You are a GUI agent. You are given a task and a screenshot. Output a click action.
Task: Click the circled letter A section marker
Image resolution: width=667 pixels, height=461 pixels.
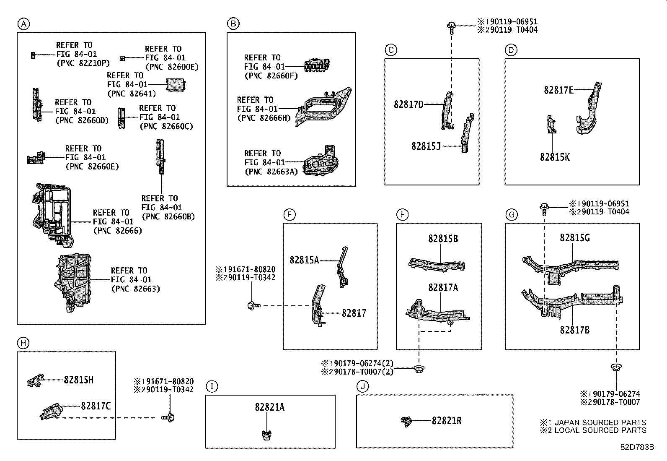(23, 24)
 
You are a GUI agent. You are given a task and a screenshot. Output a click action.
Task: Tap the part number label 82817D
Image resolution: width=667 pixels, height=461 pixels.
(408, 104)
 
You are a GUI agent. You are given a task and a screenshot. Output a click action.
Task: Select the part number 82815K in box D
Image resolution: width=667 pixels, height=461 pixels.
(554, 157)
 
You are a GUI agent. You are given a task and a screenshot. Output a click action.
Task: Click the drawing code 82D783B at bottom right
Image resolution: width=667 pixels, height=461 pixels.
(637, 447)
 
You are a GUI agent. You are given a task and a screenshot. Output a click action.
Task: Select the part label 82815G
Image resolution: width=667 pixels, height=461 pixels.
(574, 238)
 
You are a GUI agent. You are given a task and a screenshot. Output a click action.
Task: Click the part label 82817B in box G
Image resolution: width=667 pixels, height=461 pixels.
(574, 330)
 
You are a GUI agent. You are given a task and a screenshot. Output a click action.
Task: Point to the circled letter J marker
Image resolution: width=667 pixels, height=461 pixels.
(362, 386)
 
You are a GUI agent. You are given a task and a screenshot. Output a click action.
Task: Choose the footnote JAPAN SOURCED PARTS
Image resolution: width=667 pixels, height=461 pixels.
(600, 422)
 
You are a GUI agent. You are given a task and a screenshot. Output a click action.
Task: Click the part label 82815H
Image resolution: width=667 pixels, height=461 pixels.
(78, 380)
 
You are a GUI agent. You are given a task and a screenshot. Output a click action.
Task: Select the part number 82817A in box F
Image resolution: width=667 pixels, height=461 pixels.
(443, 288)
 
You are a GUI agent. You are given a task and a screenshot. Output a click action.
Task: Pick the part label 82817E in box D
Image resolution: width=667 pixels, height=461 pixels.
(558, 90)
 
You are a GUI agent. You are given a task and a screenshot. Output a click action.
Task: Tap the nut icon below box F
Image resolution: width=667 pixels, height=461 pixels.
(419, 369)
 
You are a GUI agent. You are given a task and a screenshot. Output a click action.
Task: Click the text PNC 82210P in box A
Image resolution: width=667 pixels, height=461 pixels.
(83, 63)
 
